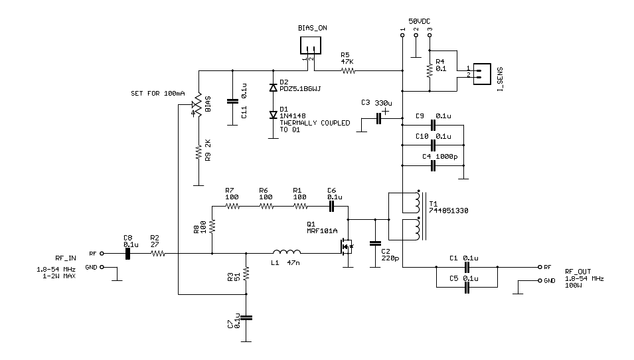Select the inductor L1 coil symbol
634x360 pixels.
click(x=287, y=252)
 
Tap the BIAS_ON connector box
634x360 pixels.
click(x=310, y=45)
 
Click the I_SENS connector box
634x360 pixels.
click(x=482, y=72)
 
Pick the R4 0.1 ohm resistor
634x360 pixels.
click(x=430, y=69)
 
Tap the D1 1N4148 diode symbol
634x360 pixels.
click(x=272, y=114)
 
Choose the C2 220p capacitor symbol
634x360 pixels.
click(x=375, y=243)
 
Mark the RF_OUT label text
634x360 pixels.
click(x=578, y=272)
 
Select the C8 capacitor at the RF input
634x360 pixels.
click(x=127, y=253)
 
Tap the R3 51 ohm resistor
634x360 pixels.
click(x=247, y=273)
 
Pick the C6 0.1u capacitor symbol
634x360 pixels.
click(x=333, y=206)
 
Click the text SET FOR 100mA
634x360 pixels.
click(x=157, y=93)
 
